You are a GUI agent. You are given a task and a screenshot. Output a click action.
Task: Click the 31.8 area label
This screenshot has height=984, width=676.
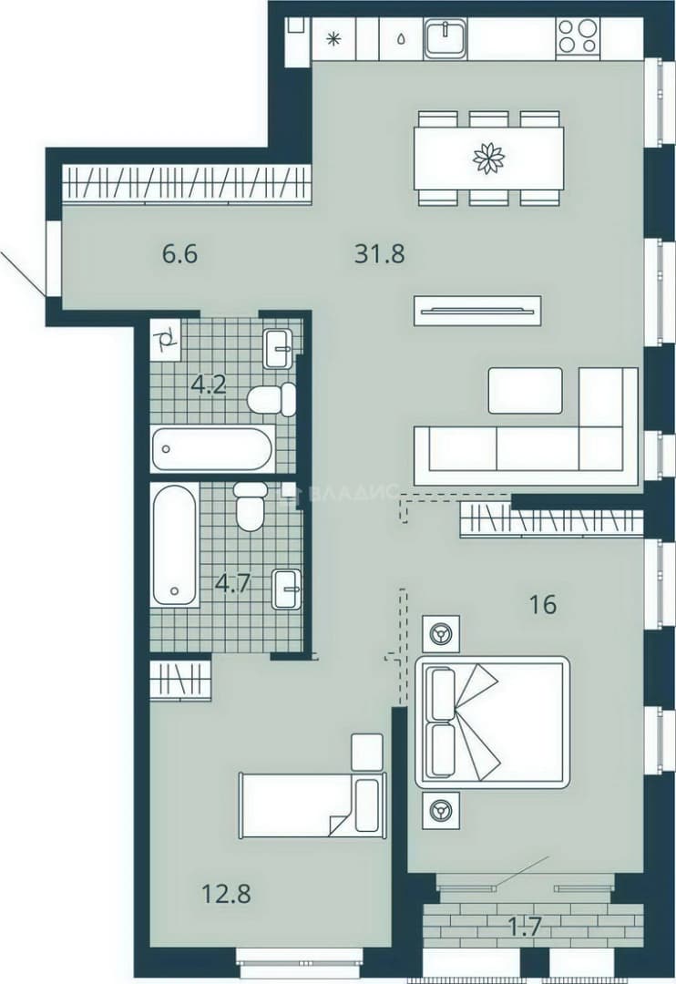(x=380, y=254)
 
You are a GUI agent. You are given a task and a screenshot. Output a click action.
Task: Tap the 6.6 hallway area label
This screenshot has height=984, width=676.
(x=180, y=254)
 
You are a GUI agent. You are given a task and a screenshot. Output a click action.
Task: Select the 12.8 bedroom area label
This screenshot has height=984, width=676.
(x=226, y=893)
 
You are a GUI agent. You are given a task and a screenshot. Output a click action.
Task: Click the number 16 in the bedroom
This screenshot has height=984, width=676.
(x=543, y=605)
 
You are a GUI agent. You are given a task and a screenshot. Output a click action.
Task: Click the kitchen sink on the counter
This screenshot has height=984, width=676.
(x=445, y=37)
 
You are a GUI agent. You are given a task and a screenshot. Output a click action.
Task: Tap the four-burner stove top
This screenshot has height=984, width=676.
(x=579, y=36)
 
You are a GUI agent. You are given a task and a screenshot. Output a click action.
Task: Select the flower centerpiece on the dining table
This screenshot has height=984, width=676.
(x=489, y=158)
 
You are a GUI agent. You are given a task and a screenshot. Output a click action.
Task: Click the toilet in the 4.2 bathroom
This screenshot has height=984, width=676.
(x=271, y=399)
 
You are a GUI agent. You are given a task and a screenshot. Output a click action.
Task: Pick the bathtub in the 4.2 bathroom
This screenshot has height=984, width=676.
(x=213, y=448)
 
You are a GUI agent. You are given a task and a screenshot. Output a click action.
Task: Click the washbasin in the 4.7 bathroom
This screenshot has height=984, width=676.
(x=287, y=589)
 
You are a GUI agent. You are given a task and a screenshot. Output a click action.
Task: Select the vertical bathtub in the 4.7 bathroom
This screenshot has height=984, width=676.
(x=175, y=545)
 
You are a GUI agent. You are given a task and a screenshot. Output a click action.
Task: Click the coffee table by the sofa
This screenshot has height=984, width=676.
(x=526, y=390)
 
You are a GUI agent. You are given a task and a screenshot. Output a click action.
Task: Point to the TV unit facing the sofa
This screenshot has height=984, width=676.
(x=477, y=310)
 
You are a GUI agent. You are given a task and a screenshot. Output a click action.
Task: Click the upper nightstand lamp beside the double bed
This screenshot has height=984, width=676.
(x=441, y=634)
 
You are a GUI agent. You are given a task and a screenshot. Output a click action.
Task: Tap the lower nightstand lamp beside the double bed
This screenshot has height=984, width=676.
(x=441, y=811)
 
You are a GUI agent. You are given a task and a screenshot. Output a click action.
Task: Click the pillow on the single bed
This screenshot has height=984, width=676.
(x=367, y=805)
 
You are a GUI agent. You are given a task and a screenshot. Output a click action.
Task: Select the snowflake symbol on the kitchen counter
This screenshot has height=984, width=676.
(x=333, y=38)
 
